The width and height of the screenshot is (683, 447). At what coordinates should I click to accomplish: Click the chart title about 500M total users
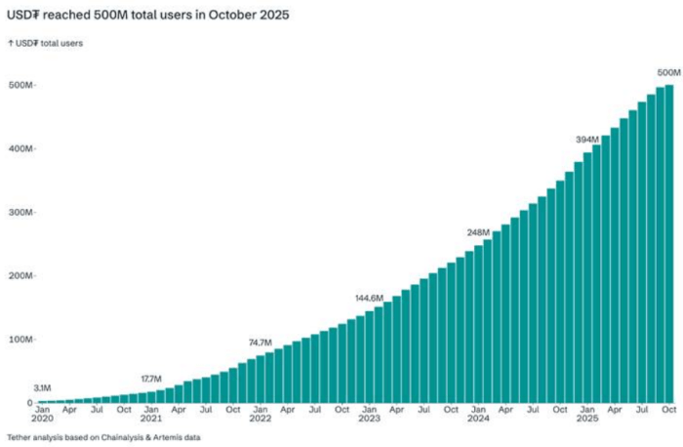pyautogui.click(x=148, y=17)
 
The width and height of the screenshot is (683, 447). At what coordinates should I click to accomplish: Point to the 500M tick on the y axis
pyautogui.click(x=20, y=86)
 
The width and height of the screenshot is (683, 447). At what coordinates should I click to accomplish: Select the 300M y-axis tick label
pyautogui.click(x=20, y=213)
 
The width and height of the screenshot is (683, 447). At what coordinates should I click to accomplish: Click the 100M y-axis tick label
pyautogui.click(x=20, y=340)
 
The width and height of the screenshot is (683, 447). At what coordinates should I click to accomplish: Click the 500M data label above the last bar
pyautogui.click(x=668, y=72)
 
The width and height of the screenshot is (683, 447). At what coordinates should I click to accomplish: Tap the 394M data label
pyautogui.click(x=587, y=140)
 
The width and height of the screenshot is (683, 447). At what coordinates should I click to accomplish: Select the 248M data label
pyautogui.click(x=478, y=232)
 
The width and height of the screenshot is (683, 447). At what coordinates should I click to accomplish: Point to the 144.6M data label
pyautogui.click(x=369, y=298)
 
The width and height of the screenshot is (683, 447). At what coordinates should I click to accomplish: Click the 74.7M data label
pyautogui.click(x=261, y=343)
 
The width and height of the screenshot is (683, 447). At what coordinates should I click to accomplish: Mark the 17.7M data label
pyautogui.click(x=151, y=379)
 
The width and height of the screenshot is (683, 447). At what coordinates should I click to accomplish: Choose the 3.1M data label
pyautogui.click(x=42, y=388)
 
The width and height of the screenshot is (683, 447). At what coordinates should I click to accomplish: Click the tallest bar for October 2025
pyautogui.click(x=669, y=244)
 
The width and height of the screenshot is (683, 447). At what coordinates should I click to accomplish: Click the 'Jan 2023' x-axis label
pyautogui.click(x=369, y=414)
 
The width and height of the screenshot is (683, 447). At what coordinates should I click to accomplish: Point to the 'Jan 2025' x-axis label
pyautogui.click(x=587, y=414)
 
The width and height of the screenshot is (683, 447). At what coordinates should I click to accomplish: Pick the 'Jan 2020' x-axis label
pyautogui.click(x=42, y=414)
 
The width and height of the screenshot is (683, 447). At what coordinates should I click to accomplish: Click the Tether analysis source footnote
pyautogui.click(x=103, y=436)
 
